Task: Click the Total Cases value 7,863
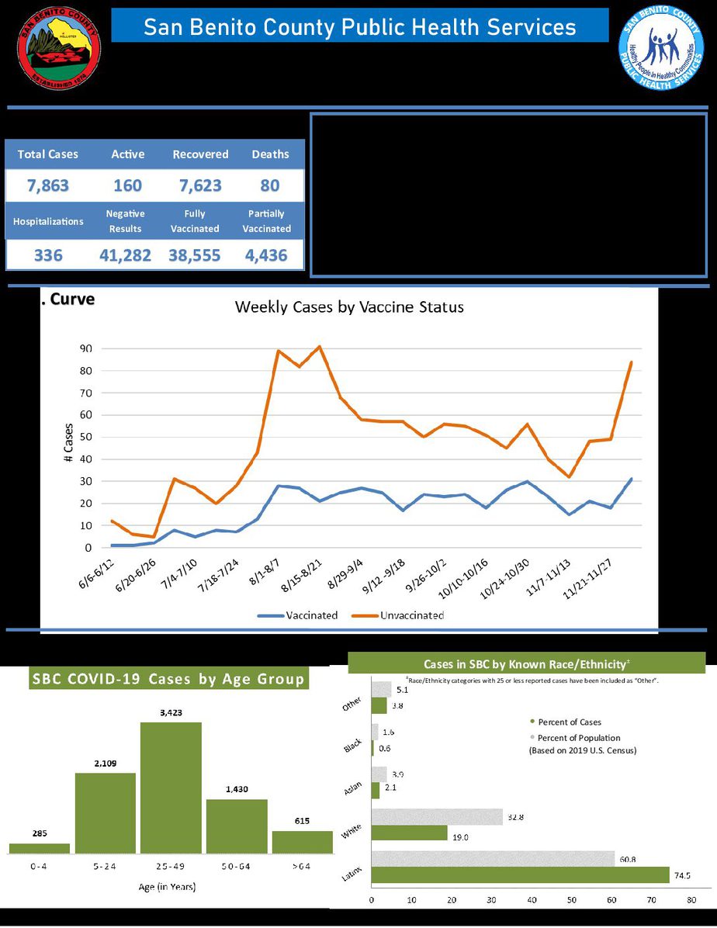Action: (x=48, y=186)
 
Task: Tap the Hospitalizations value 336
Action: (x=48, y=255)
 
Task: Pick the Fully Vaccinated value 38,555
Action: (x=195, y=255)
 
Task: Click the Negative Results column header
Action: (x=126, y=221)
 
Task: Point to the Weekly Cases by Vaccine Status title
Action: (x=349, y=307)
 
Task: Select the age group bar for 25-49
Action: (x=171, y=788)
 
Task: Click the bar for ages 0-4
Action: (x=40, y=848)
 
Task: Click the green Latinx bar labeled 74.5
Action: (x=520, y=875)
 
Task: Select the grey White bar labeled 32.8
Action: (x=438, y=816)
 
